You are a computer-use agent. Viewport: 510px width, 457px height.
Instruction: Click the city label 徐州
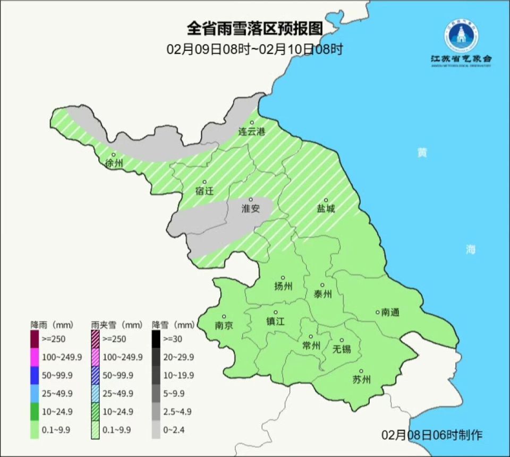[114, 163]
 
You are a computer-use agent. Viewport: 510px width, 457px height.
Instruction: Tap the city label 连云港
[251, 131]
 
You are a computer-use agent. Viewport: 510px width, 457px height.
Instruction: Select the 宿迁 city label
[204, 191]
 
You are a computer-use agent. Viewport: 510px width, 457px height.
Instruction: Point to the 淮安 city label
[251, 209]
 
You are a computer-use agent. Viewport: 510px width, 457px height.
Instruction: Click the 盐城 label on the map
[326, 209]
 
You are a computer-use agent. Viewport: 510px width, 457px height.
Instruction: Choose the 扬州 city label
[283, 287]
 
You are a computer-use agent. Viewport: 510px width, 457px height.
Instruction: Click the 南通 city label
[390, 313]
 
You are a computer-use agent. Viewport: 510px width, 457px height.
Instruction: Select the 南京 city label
[224, 325]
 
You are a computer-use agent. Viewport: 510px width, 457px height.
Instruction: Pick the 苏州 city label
[361, 380]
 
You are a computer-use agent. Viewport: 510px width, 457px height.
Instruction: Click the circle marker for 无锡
[342, 340]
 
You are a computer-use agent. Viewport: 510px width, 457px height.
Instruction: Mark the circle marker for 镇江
[275, 313]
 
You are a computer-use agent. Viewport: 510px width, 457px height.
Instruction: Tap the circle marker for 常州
[311, 337]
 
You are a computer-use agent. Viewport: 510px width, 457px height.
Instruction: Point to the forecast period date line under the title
[255, 49]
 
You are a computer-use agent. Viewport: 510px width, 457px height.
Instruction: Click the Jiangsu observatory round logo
[461, 36]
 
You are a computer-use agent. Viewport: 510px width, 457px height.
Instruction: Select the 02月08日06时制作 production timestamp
[432, 435]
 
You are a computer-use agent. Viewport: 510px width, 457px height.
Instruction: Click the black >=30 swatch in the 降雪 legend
[156, 338]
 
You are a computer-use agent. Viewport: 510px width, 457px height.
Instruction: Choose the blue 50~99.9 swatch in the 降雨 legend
[35, 375]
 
